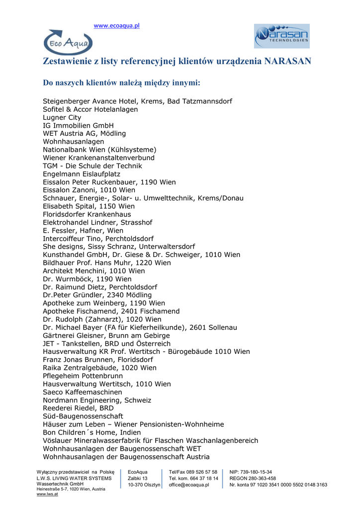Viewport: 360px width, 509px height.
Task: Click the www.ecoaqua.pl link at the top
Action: (x=117, y=25)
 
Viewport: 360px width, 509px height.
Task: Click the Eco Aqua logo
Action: (x=68, y=43)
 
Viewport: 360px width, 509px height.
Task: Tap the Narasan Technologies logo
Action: (x=282, y=36)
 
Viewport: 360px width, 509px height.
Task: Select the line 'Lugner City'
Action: (x=62, y=117)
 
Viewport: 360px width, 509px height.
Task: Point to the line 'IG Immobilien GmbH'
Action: (x=78, y=125)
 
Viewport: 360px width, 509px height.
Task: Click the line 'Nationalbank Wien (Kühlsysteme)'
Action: (x=99, y=150)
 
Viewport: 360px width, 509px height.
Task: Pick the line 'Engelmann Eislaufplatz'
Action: (x=82, y=174)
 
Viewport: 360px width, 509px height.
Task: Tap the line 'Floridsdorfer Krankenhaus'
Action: (x=87, y=214)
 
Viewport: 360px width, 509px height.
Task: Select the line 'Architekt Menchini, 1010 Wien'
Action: (x=94, y=271)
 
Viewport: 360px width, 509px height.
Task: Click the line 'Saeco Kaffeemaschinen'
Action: (x=82, y=392)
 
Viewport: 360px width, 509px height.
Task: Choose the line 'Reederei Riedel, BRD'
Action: (x=78, y=408)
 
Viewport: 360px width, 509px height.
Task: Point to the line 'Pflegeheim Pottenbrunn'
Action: (x=83, y=376)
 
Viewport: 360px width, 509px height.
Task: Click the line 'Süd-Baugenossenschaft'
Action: (x=83, y=416)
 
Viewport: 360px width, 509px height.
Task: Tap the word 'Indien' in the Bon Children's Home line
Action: (x=131, y=432)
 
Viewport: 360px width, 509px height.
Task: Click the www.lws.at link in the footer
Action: (x=45, y=494)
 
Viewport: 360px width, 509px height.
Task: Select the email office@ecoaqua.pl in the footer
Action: (x=189, y=485)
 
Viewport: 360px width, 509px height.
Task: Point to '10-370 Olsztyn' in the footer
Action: (x=144, y=485)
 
